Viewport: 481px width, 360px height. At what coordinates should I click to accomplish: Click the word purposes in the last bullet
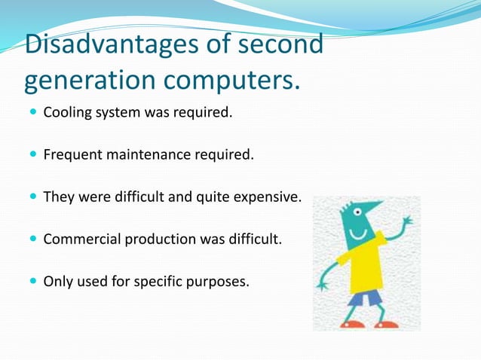pyautogui.click(x=218, y=282)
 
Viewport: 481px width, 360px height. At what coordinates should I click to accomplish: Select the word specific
pyautogui.click(x=161, y=282)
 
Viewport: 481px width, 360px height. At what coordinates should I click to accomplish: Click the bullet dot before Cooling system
pyautogui.click(x=32, y=114)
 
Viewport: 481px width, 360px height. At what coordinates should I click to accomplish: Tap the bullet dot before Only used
pyautogui.click(x=32, y=282)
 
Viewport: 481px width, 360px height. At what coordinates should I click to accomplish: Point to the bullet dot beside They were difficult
pyautogui.click(x=32, y=198)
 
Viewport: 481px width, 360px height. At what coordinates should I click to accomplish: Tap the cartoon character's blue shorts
pyautogui.click(x=366, y=298)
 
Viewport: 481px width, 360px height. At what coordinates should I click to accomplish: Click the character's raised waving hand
pyautogui.click(x=407, y=223)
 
